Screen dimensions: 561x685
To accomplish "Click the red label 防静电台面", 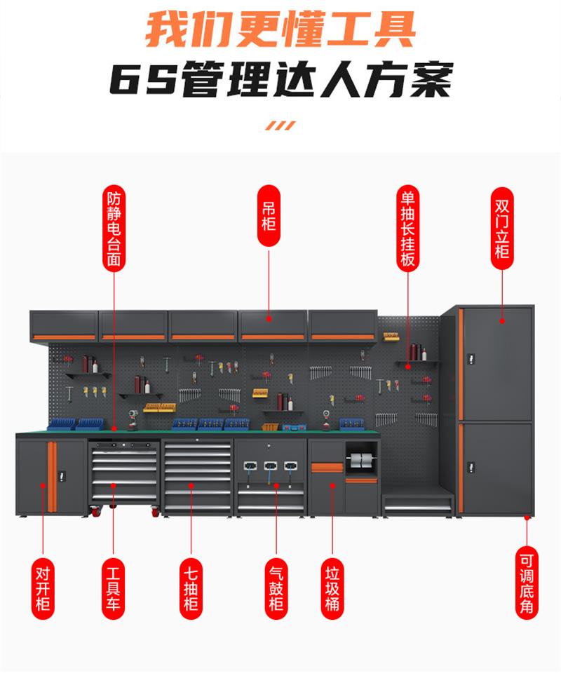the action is [114, 229].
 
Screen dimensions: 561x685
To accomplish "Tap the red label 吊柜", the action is [269, 216].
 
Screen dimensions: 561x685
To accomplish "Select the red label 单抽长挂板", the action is [408, 229].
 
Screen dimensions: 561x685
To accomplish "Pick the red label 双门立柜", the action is [502, 229].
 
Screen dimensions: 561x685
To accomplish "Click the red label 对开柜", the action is [43, 588].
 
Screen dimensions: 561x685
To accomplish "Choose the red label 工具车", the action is [113, 588].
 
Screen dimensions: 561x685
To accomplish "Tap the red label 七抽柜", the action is [191, 588].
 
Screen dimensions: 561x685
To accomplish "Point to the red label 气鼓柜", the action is [276, 588].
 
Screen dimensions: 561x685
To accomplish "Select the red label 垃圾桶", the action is [332, 588].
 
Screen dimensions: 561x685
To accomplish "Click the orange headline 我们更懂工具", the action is [280, 29].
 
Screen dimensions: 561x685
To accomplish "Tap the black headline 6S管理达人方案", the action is [280, 80].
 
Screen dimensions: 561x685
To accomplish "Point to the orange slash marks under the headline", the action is [280, 126].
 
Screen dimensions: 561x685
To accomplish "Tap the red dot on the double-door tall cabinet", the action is [502, 321].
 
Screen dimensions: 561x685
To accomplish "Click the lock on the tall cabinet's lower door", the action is [471, 468].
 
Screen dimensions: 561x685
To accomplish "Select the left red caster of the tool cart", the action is [94, 510].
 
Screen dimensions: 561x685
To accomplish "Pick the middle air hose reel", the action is [270, 466].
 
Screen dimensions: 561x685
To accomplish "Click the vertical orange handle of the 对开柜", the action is [52, 477].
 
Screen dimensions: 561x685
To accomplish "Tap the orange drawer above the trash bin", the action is [327, 468].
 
